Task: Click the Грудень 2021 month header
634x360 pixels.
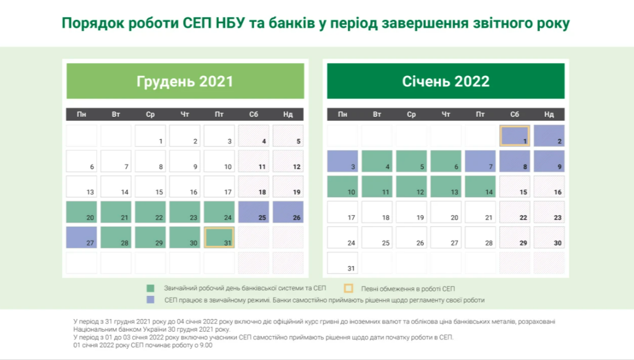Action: (x=185, y=81)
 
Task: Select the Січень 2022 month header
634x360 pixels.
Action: (x=446, y=81)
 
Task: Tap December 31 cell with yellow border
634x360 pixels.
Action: (x=219, y=237)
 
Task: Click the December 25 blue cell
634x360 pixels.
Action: (x=254, y=212)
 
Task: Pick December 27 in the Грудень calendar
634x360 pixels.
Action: (x=82, y=237)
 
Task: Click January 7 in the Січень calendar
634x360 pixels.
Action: (x=480, y=161)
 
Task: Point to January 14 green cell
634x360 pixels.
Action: (x=480, y=186)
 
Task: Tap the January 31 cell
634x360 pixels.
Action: (x=343, y=263)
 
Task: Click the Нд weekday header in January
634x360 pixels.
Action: (x=549, y=114)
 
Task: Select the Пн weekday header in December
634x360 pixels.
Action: (x=82, y=114)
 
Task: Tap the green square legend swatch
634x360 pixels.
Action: (x=150, y=288)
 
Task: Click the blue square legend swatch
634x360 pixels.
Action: (x=150, y=300)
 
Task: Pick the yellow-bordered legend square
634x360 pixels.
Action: (x=348, y=288)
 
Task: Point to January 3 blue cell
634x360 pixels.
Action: (x=343, y=161)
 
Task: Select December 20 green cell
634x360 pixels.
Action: (x=82, y=212)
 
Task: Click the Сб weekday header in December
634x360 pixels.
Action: (x=254, y=114)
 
